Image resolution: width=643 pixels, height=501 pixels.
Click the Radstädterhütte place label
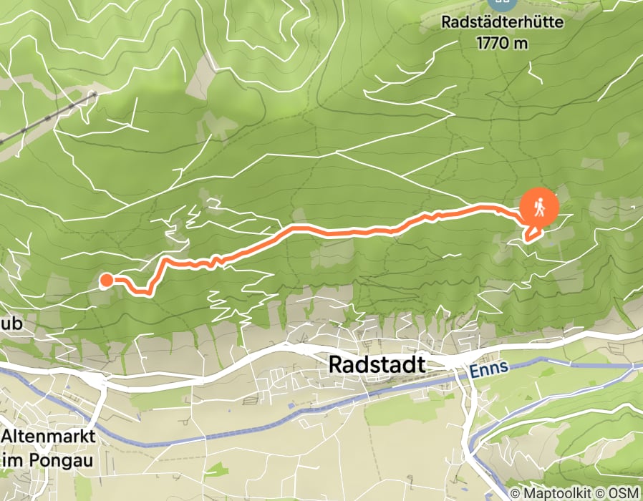pyautogui.click(x=502, y=22)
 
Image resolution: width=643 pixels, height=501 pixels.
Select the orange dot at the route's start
pyautogui.click(x=105, y=280)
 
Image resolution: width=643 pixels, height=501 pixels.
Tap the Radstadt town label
pyautogui.click(x=377, y=364)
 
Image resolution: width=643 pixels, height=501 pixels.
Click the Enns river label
pyautogui.click(x=490, y=369)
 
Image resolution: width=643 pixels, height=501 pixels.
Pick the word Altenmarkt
pyautogui.click(x=48, y=436)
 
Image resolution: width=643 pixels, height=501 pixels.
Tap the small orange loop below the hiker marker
pyautogui.click(x=532, y=233)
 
